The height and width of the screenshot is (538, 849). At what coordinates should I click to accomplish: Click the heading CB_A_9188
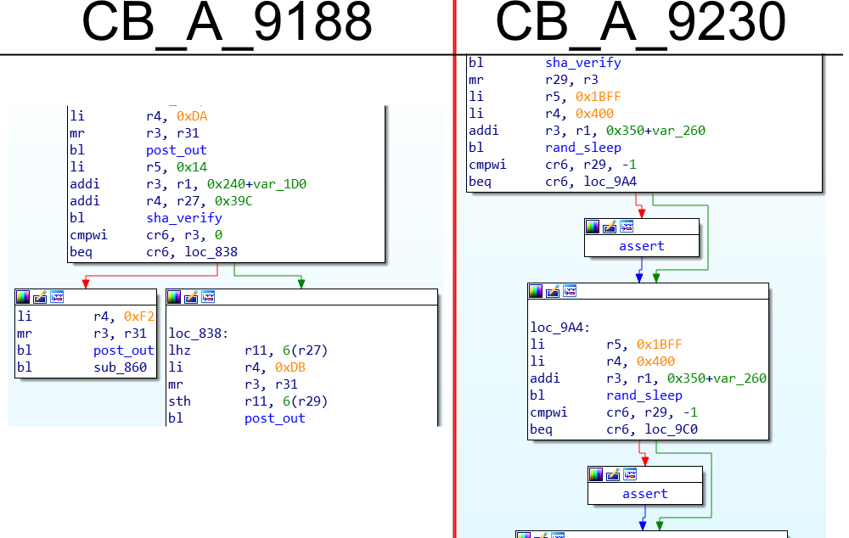(x=227, y=24)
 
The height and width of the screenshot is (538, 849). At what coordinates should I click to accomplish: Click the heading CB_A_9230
(x=640, y=24)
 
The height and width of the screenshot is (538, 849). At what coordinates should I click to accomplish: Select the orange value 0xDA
(x=191, y=115)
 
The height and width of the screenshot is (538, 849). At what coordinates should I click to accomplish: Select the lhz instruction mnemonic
(x=182, y=350)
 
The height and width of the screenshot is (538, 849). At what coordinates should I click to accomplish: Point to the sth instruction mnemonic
(x=182, y=401)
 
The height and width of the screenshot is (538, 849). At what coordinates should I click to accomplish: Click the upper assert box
(x=642, y=246)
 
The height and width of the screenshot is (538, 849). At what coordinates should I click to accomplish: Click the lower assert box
(x=645, y=494)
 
